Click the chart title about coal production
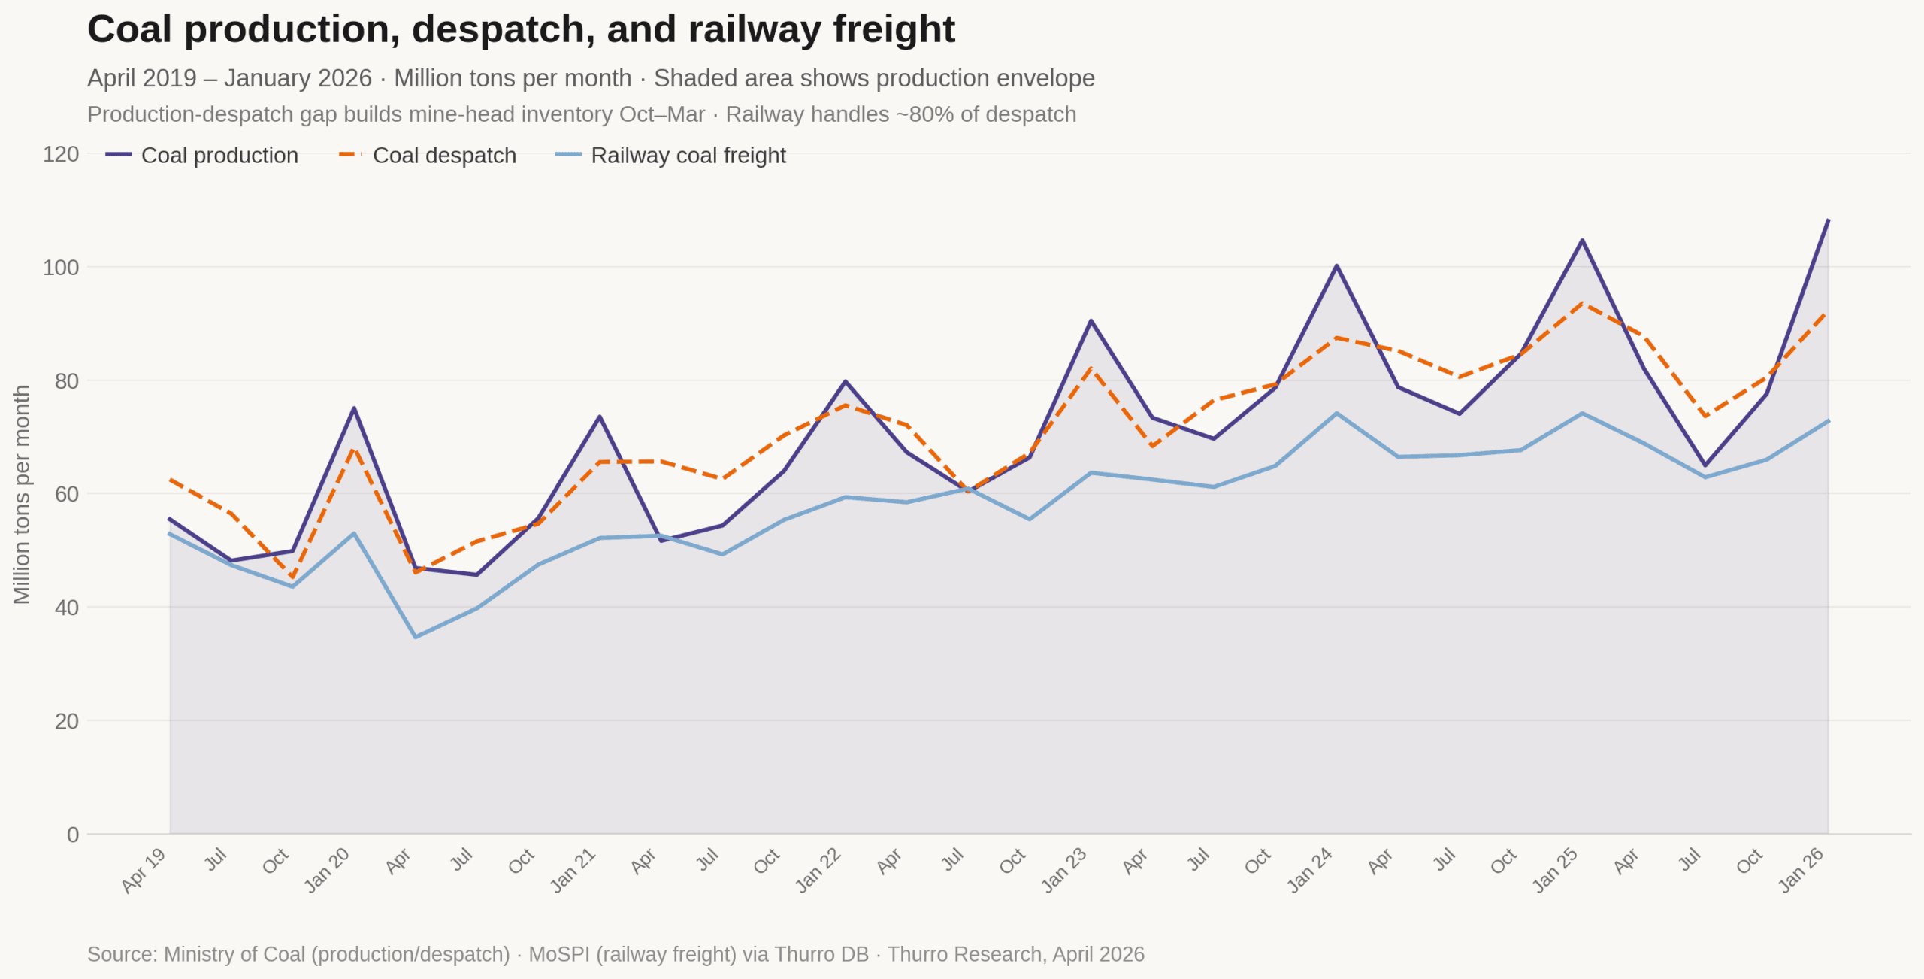coord(521,30)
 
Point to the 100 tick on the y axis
coord(61,268)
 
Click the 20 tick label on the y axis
coord(66,721)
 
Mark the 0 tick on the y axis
coord(73,835)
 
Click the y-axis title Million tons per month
coord(22,494)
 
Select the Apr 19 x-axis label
coord(144,870)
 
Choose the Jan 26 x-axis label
coord(1801,870)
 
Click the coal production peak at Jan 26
coord(1828,220)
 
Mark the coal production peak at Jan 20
coord(354,408)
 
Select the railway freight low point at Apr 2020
coord(416,637)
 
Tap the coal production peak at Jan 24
coord(1337,265)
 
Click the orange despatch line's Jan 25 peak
coord(1582,304)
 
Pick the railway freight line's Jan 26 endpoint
coord(1828,421)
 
